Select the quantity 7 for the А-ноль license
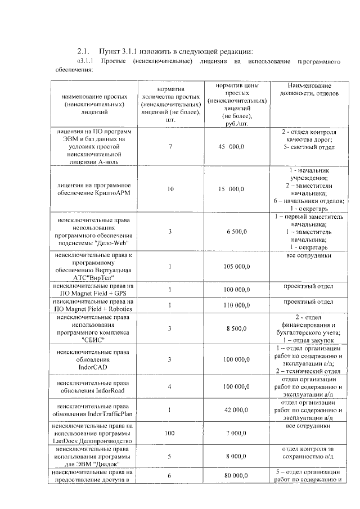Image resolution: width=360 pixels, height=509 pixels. (x=170, y=147)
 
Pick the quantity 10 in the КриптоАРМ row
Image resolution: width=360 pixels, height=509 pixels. (x=170, y=190)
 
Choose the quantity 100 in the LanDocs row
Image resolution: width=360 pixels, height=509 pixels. (x=170, y=434)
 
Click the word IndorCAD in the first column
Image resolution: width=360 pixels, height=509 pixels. (x=93, y=367)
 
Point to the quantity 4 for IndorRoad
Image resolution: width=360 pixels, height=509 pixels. (x=170, y=387)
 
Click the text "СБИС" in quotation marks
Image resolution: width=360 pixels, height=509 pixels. (x=93, y=340)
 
